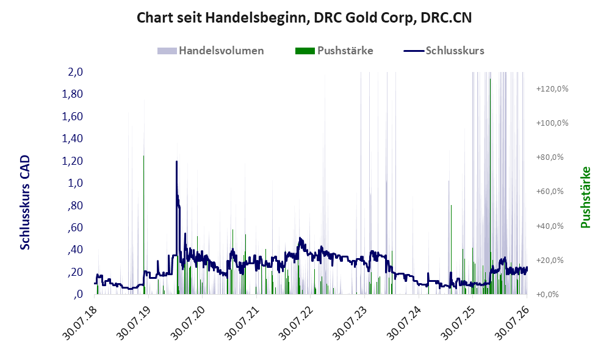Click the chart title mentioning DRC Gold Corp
pyautogui.click(x=304, y=18)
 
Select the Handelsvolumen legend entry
pyautogui.click(x=211, y=51)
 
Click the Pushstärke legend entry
pyautogui.click(x=334, y=51)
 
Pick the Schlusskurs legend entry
pyautogui.click(x=444, y=51)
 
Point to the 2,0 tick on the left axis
pyautogui.click(x=75, y=72)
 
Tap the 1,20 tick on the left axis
pyautogui.click(x=72, y=160)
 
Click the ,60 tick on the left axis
pyautogui.click(x=75, y=227)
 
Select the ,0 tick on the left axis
pyautogui.click(x=77, y=294)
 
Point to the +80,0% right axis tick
pyautogui.click(x=550, y=157)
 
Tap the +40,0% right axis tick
pyautogui.click(x=550, y=226)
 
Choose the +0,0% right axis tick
pyautogui.click(x=547, y=294)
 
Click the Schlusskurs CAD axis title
pyautogui.click(x=25, y=203)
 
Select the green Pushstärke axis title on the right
pyautogui.click(x=585, y=197)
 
